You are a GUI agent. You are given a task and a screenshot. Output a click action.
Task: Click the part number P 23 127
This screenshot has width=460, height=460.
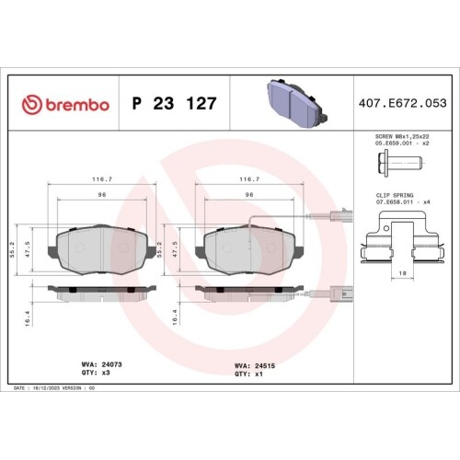175,104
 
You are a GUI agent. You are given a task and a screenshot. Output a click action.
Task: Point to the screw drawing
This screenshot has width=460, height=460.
397,166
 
